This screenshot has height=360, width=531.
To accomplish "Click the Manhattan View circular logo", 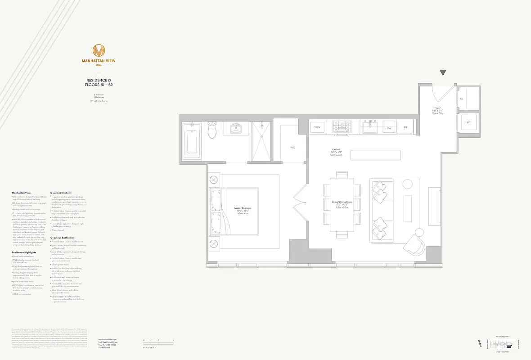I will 99,50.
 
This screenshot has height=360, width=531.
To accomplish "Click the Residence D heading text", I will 99,81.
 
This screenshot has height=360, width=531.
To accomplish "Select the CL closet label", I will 462,99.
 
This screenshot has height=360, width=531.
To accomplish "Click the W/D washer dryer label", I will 468,122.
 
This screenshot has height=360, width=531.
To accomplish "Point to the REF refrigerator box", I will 405,127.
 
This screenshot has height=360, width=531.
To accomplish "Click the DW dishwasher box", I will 389,128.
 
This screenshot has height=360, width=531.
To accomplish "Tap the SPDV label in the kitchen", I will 317,127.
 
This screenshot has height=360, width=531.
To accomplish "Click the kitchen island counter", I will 375,155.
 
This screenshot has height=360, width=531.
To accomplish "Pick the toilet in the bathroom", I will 212,130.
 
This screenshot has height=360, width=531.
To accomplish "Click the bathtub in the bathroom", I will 192,141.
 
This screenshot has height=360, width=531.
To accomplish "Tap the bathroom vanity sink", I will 236,129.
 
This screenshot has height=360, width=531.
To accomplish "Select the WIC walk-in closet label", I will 292,147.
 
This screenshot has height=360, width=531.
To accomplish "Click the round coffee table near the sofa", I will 408,184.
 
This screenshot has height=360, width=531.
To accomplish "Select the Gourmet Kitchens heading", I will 61,193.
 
